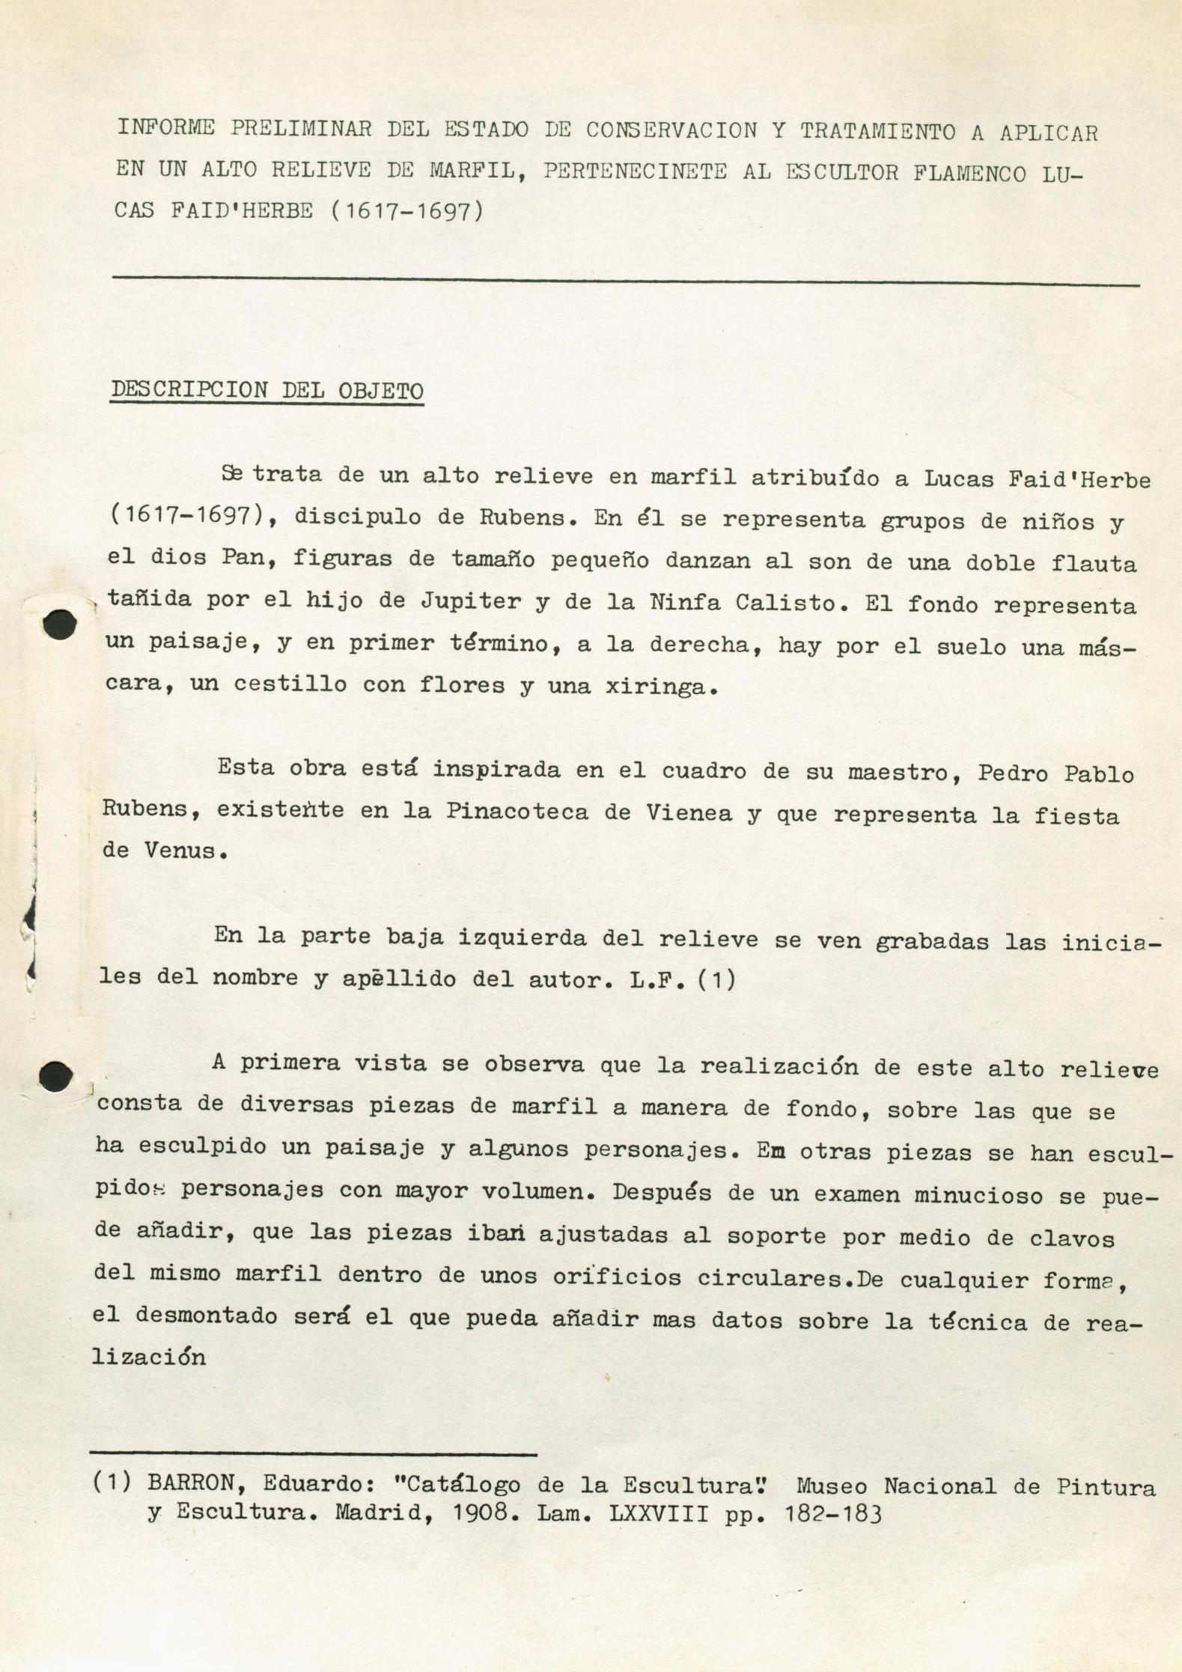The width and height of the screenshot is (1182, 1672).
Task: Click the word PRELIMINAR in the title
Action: click(300, 128)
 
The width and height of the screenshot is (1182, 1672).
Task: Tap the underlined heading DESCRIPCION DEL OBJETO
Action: click(266, 390)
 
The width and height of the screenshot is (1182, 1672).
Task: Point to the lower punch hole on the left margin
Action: click(55, 1076)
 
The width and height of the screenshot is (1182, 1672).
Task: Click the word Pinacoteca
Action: click(517, 812)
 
